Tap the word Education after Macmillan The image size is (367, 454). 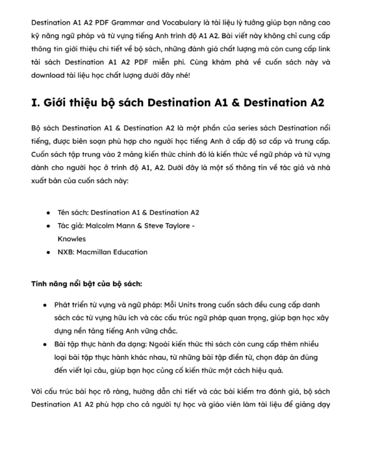135,252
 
